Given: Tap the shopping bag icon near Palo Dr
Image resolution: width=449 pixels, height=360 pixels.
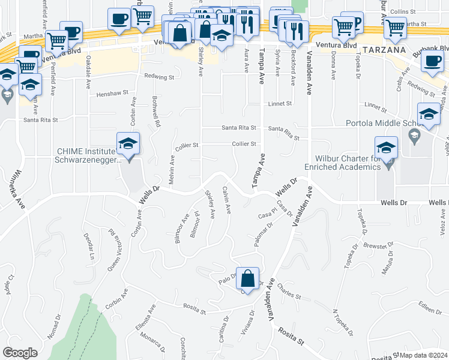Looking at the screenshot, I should (247, 278).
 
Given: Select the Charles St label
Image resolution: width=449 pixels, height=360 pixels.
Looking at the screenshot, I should (289, 295).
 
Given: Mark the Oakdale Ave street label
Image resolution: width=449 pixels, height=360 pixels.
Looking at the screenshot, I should (89, 68).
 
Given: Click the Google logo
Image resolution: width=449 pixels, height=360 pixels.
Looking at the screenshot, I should (20, 353).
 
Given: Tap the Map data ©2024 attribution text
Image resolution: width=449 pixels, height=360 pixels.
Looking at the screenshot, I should (424, 355).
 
